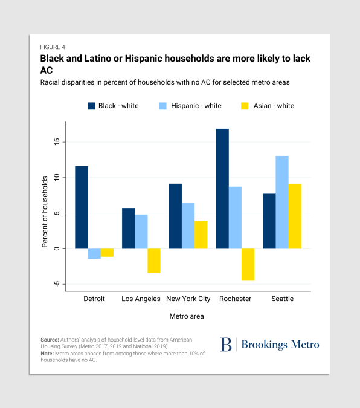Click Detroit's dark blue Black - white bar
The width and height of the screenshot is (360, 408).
[x=82, y=207]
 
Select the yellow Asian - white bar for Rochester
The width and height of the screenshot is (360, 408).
[x=248, y=265]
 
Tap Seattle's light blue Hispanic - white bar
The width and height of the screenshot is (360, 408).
[x=282, y=202]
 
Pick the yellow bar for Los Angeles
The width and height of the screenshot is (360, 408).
[x=154, y=261]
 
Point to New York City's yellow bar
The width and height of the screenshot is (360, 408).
[x=201, y=235]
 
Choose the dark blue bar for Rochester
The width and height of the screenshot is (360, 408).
[x=222, y=189]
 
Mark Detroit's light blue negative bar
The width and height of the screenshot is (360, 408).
[x=94, y=254]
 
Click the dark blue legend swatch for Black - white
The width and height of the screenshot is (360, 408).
[x=91, y=106]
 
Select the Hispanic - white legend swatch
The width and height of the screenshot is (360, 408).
[x=163, y=106]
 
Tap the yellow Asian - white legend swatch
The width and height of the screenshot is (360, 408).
[x=245, y=106]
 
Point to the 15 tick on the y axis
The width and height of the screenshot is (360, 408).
[x=56, y=142]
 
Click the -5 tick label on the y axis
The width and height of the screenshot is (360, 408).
[x=56, y=284]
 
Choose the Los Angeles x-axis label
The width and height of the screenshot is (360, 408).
[x=141, y=299]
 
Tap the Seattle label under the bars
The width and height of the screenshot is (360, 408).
[x=283, y=299]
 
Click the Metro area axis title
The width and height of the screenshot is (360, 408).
[x=187, y=316]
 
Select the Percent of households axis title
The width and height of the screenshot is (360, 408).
[x=45, y=212]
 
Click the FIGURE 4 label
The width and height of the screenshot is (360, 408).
[x=53, y=47]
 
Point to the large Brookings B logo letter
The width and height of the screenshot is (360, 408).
[x=226, y=345]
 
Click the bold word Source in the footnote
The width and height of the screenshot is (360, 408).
[x=50, y=340]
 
